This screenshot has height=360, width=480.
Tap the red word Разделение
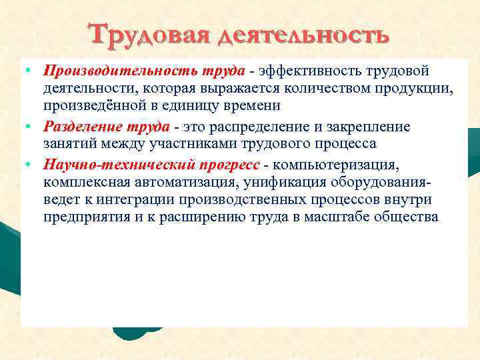pyautogui.click(x=76, y=127)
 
